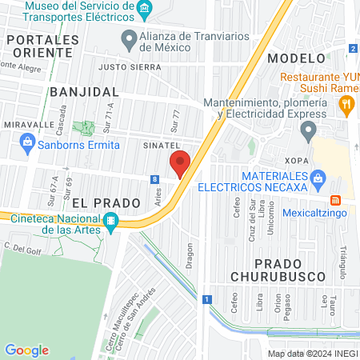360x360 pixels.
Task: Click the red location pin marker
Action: (x=180, y=164)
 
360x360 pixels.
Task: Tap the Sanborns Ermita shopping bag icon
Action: (x=27, y=145)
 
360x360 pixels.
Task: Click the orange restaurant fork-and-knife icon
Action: (x=346, y=102)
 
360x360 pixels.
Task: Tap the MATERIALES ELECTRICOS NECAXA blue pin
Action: (x=318, y=177)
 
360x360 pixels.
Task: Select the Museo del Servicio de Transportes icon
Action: (x=145, y=10)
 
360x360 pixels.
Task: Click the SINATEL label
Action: (x=160, y=146)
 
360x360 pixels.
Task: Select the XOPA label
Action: (x=294, y=160)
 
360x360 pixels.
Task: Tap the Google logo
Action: (x=26, y=350)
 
